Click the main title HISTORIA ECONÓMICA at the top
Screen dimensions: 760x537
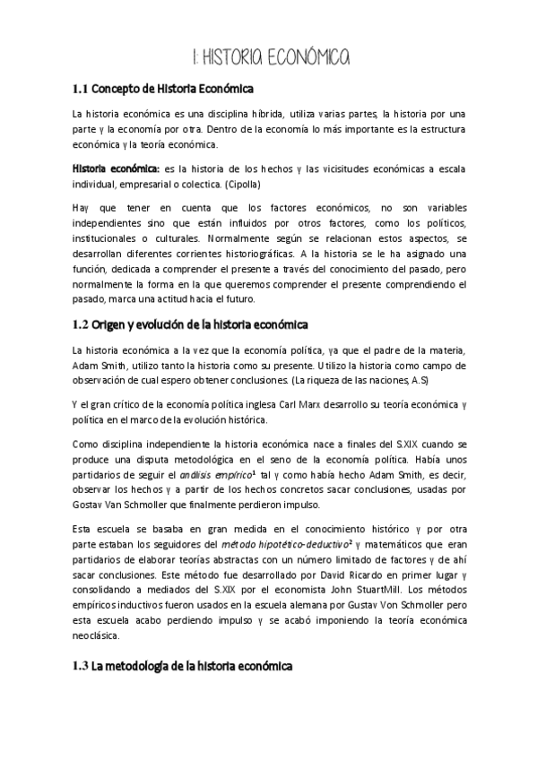click(x=271, y=58)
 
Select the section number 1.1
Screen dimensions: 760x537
click(x=81, y=89)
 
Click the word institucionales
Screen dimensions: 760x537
click(x=110, y=239)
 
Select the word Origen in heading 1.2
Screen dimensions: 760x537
click(x=115, y=324)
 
